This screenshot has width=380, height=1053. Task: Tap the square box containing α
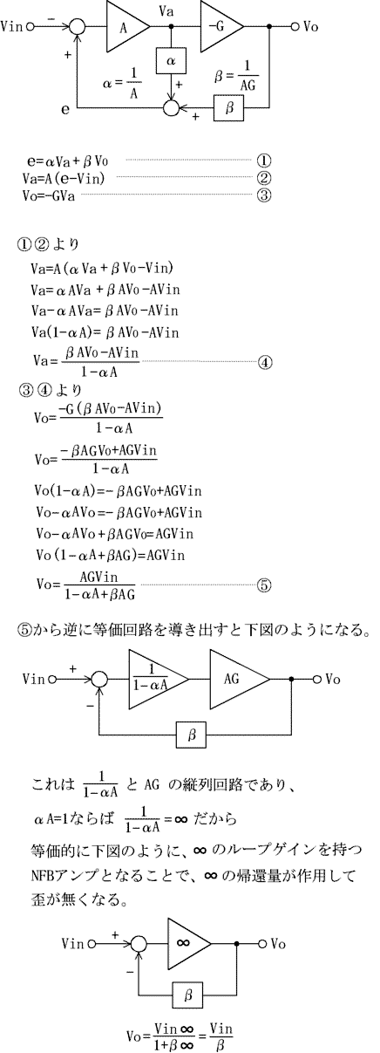tap(171, 61)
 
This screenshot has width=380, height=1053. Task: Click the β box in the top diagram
tap(229, 108)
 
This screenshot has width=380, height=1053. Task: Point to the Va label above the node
tap(166, 11)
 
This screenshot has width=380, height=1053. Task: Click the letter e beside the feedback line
tap(65, 110)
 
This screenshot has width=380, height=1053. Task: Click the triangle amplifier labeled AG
tap(236, 680)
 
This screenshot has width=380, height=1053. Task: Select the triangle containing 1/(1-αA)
tap(155, 680)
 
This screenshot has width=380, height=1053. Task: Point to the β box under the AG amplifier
tap(191, 734)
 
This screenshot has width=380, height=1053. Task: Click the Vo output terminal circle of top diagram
tap(295, 27)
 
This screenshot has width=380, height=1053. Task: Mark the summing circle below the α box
tap(171, 108)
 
